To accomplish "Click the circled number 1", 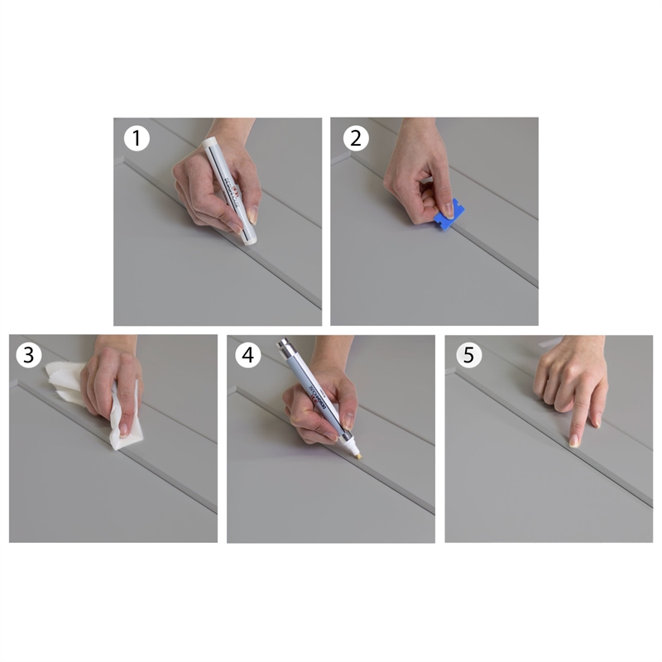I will tap(137, 138).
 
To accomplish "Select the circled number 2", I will tap(355, 138).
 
